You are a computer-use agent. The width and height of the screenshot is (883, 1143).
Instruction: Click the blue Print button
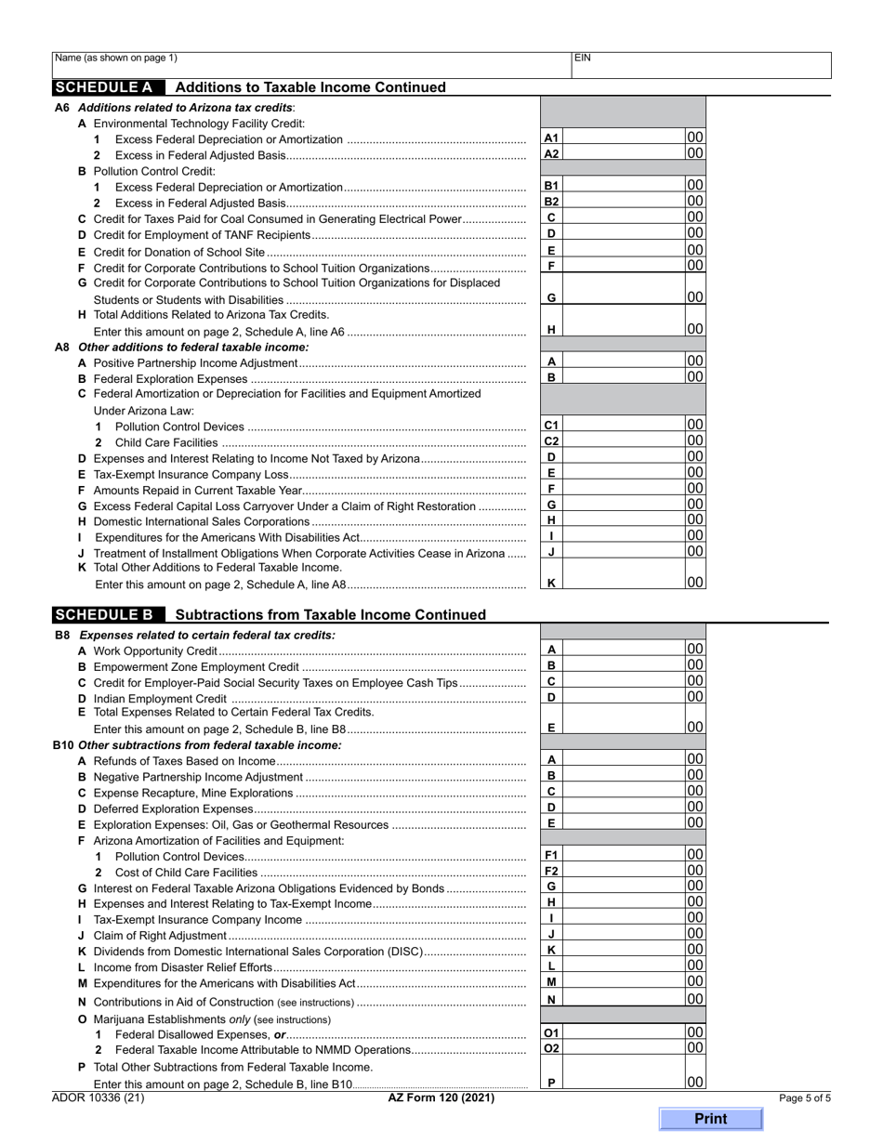click(710, 1119)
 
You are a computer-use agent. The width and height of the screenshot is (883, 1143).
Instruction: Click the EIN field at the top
click(701, 65)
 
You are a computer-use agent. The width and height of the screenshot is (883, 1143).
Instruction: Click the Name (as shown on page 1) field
click(311, 65)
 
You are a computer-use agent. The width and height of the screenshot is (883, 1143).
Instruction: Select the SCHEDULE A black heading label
click(105, 87)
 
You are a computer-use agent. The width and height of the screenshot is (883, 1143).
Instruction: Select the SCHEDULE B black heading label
click(105, 614)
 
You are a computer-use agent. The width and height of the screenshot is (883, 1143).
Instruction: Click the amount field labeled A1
click(624, 138)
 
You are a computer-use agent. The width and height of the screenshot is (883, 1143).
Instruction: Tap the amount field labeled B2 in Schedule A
click(624, 201)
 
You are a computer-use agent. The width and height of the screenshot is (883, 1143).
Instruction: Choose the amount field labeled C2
click(624, 440)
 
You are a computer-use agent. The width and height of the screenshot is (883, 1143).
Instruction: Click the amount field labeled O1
click(624, 1032)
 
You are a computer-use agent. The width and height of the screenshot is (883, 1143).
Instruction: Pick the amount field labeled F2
click(624, 871)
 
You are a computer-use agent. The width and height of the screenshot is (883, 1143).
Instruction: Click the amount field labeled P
click(624, 1082)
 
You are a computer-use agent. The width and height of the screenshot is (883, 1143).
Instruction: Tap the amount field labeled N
click(624, 999)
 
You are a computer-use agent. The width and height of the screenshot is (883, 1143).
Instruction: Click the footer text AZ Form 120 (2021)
click(441, 1097)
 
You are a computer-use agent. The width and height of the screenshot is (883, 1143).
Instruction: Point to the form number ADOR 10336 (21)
click(99, 1097)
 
